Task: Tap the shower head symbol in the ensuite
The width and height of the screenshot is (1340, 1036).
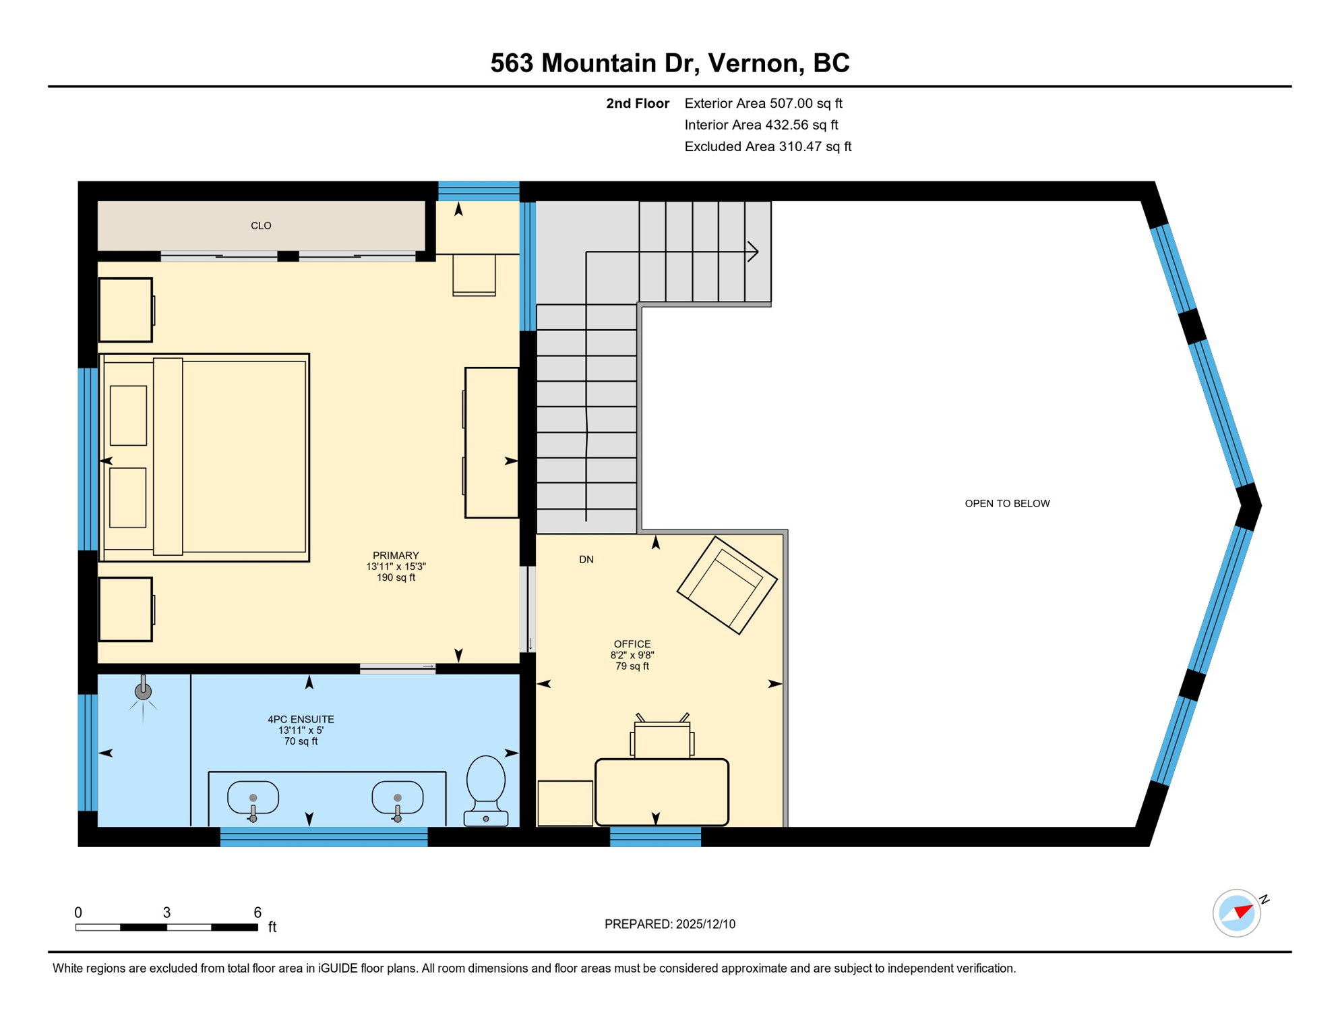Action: click(143, 691)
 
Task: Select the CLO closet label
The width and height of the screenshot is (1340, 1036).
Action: click(261, 226)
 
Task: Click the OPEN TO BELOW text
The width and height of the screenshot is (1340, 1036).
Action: click(1007, 504)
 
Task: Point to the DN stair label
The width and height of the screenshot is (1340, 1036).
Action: click(586, 560)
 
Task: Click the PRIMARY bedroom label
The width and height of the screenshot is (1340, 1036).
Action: click(396, 556)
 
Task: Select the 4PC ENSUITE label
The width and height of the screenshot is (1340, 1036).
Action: click(301, 720)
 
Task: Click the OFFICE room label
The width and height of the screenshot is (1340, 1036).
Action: click(632, 644)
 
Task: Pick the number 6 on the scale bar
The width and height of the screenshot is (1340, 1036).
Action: click(257, 913)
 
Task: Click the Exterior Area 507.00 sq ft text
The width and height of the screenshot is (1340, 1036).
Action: click(763, 103)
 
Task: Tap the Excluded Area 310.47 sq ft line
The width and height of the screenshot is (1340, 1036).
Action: click(768, 146)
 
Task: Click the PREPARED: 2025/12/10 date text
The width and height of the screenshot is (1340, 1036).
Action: click(669, 925)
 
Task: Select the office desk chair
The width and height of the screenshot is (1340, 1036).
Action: click(662, 738)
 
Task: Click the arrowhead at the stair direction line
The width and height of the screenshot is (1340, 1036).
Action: click(754, 252)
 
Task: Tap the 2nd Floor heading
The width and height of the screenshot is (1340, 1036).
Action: click(637, 103)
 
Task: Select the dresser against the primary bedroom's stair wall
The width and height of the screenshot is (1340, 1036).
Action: click(491, 442)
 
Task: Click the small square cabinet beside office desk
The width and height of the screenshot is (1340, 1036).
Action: click(565, 803)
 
